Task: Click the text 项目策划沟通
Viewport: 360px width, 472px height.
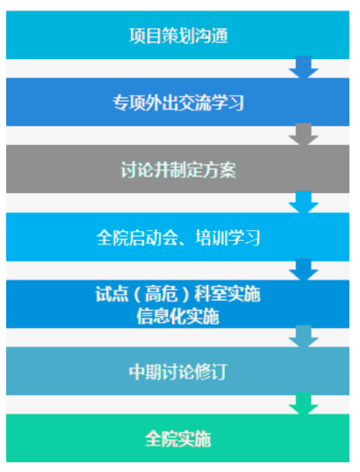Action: pyautogui.click(x=178, y=36)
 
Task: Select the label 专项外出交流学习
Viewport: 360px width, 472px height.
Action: pyautogui.click(x=178, y=102)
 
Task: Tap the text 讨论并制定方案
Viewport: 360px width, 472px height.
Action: pyautogui.click(x=178, y=169)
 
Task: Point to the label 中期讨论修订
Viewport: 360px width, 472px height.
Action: pyautogui.click(x=178, y=371)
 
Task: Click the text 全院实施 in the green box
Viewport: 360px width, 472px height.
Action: pyautogui.click(x=178, y=438)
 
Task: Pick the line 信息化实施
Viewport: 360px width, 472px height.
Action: pyautogui.click(x=178, y=317)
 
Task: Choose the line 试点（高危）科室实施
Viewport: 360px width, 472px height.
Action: pyautogui.click(x=178, y=294)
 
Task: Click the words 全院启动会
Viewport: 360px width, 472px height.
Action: pyautogui.click(x=138, y=238)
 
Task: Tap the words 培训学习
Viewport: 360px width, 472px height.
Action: pyautogui.click(x=228, y=238)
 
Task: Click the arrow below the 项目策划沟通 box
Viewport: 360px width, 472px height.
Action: pyautogui.click(x=304, y=67)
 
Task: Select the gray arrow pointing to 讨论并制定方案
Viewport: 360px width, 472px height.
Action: pyautogui.click(x=304, y=134)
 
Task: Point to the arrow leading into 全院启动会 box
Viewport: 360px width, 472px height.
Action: pyautogui.click(x=304, y=202)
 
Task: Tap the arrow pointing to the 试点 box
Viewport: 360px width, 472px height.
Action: pyautogui.click(x=304, y=269)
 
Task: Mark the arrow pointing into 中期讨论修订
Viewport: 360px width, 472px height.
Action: pyautogui.click(x=304, y=336)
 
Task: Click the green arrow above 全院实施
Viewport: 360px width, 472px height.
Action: pyautogui.click(x=304, y=403)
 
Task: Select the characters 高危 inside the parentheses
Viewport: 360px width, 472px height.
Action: pyautogui.click(x=161, y=294)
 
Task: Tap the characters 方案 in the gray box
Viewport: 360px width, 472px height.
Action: pyautogui.click(x=220, y=169)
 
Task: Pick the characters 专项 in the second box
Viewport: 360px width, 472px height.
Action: pyautogui.click(x=129, y=102)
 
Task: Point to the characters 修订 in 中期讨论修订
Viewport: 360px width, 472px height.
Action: pyautogui.click(x=211, y=371)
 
